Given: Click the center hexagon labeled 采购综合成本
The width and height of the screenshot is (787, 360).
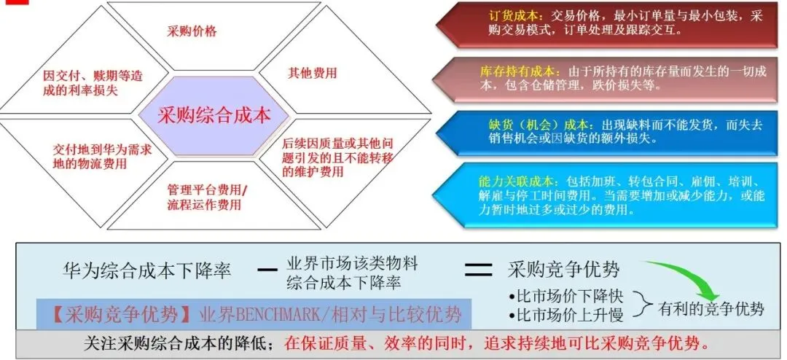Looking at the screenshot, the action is tap(214, 115).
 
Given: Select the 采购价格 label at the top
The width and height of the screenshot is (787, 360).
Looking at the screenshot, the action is tap(192, 31).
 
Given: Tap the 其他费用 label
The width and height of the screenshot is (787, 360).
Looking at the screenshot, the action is tap(313, 73).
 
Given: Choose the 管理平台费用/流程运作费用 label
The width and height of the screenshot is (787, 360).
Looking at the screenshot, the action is tap(207, 197).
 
